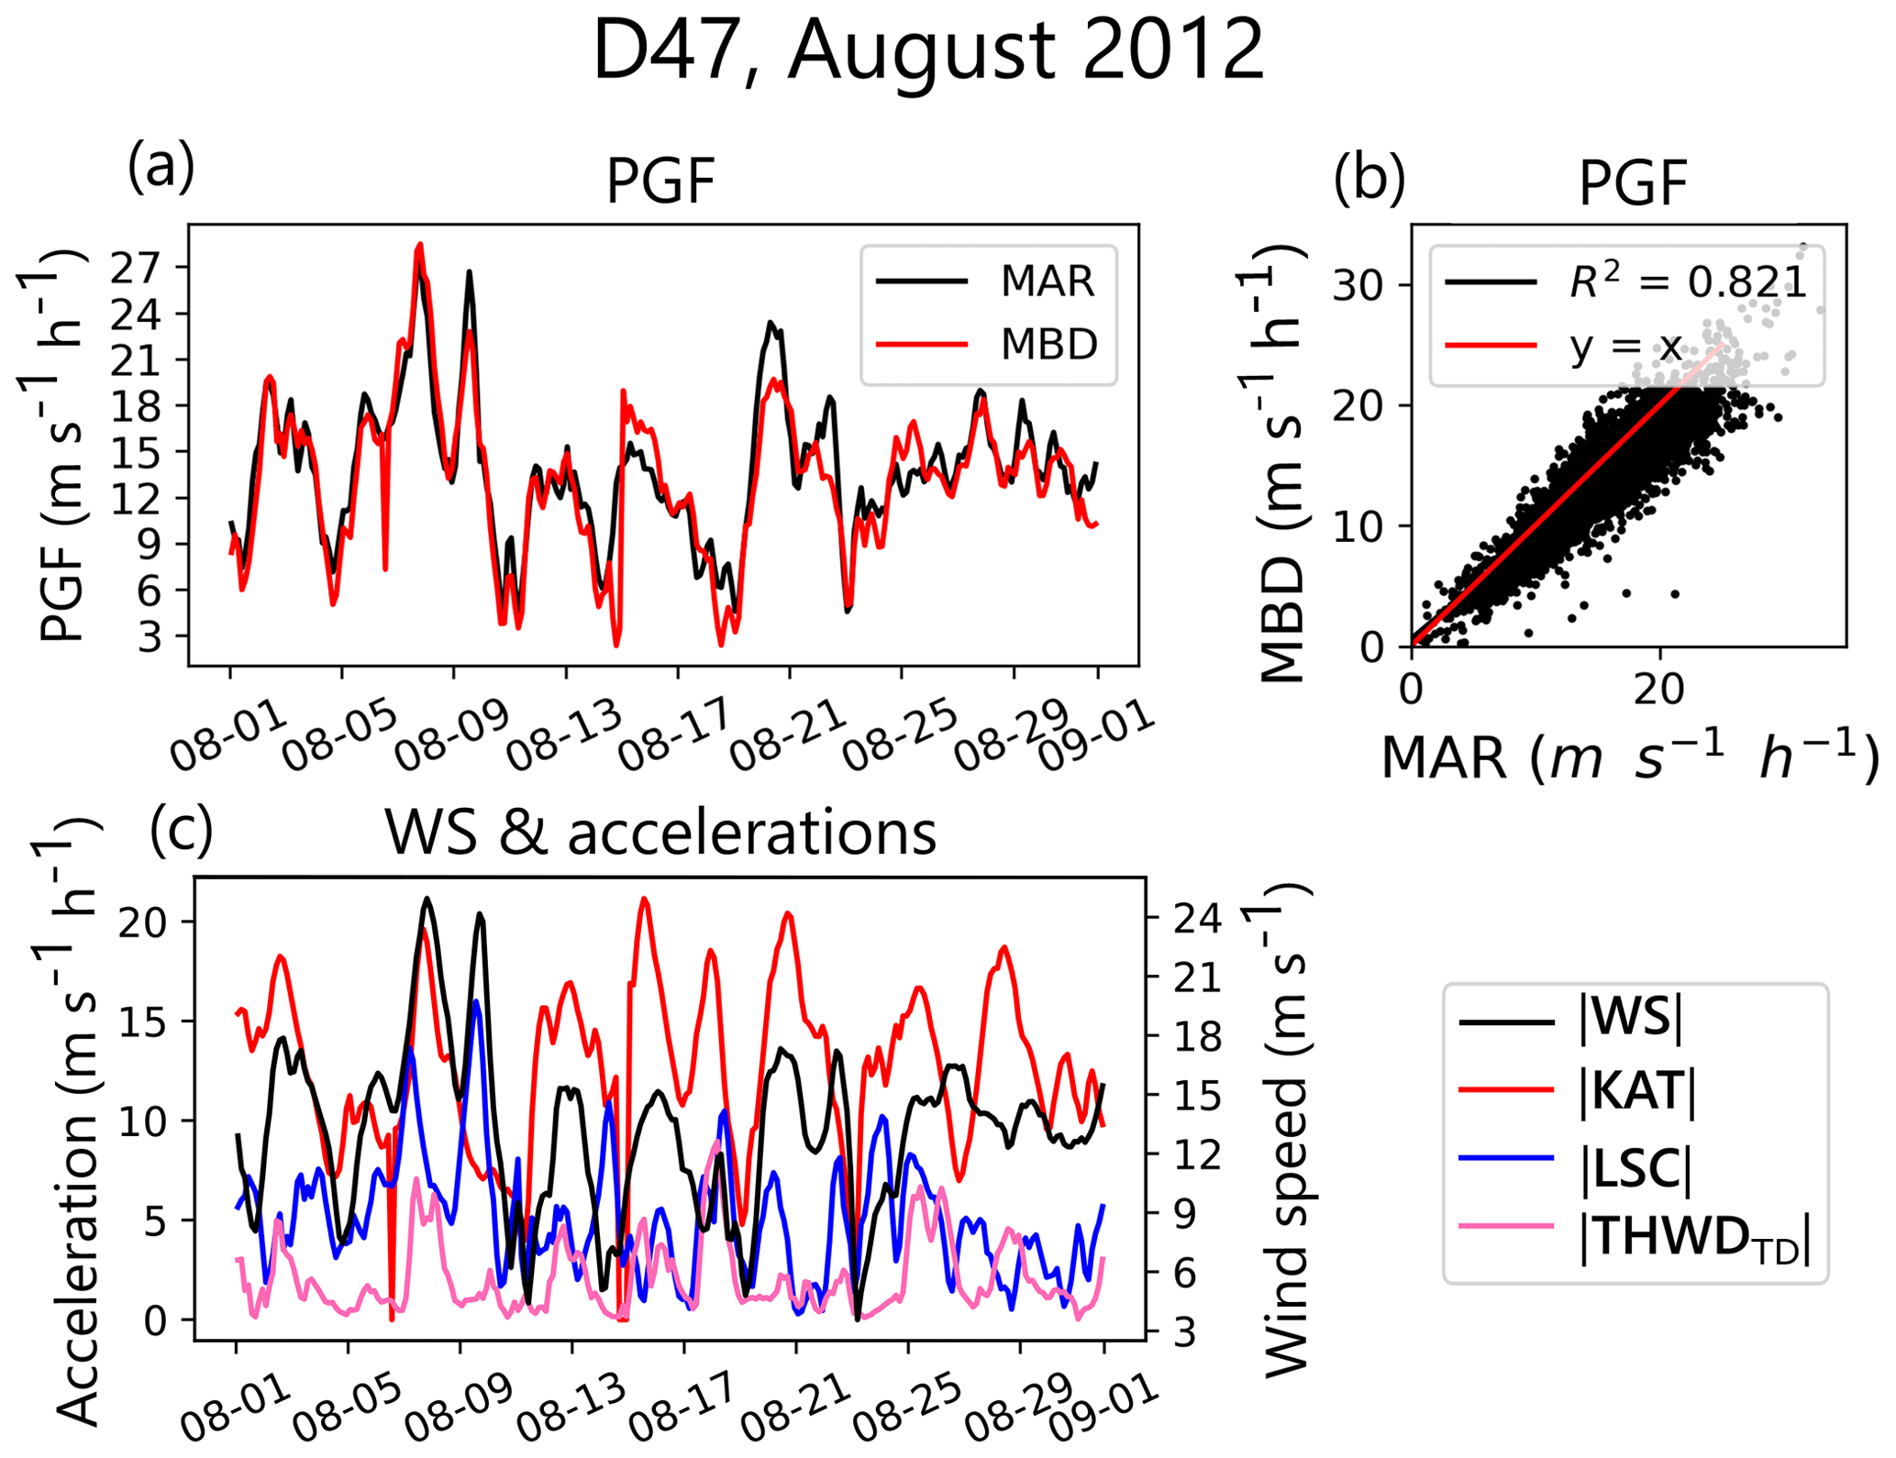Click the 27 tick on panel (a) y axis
click(x=136, y=269)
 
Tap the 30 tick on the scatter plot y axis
click(x=1358, y=286)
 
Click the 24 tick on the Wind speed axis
click(x=1198, y=919)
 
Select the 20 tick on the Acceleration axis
click(x=143, y=922)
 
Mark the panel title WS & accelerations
click(x=660, y=833)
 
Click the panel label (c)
click(x=181, y=828)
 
